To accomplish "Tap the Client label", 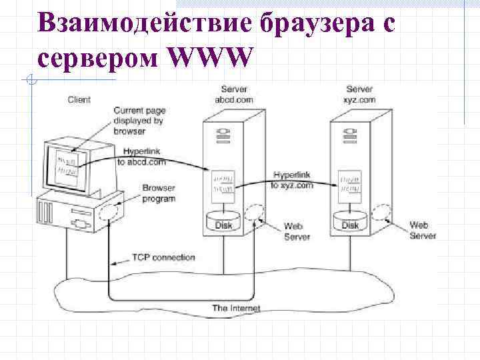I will [x=79, y=100].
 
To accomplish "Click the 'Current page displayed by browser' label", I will [x=139, y=121].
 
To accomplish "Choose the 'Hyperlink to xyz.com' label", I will [x=292, y=180].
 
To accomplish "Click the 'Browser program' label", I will [x=158, y=193].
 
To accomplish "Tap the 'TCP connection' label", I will [x=163, y=257].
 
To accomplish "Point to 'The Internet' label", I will [x=236, y=309].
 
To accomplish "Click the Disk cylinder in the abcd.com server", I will [x=224, y=222].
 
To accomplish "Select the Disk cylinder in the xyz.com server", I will [x=351, y=222].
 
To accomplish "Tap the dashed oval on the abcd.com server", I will [x=253, y=213].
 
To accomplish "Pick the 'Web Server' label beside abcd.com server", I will [x=297, y=231].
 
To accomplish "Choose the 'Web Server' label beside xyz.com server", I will [x=423, y=231].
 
